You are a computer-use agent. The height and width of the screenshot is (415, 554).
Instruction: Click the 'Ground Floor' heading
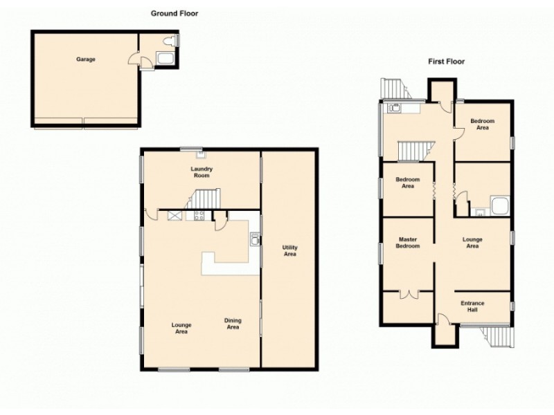point(175,13)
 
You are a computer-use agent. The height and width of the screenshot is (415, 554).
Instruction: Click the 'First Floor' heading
point(446,62)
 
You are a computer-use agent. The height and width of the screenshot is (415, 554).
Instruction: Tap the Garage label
point(86,59)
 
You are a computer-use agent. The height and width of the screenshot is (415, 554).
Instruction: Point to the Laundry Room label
point(202,172)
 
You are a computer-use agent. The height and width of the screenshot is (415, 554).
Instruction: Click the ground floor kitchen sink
point(255,240)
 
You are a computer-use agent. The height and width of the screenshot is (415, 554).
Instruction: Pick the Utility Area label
point(289,250)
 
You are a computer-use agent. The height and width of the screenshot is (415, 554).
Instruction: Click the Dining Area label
point(232,323)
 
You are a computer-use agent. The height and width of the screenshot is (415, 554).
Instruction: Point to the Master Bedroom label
point(409,243)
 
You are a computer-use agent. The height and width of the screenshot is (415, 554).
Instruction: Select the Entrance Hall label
point(473,306)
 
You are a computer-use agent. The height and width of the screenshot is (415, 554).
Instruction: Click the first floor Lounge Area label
point(472,243)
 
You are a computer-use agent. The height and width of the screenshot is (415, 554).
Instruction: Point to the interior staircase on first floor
point(414,150)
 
